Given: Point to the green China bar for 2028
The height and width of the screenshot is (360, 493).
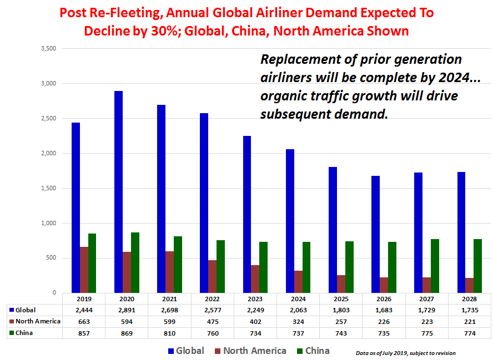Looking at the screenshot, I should [x=477, y=266].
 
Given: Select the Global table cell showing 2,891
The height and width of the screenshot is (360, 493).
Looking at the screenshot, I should [x=127, y=310].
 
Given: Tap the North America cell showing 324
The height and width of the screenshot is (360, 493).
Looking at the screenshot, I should [x=298, y=321].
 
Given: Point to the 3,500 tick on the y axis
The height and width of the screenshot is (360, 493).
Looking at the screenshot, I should [x=49, y=49].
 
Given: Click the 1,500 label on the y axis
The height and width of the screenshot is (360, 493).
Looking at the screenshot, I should [x=49, y=189].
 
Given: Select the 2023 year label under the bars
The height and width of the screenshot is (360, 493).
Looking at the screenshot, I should [x=255, y=298].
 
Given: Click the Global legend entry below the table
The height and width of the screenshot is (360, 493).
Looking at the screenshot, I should [x=185, y=351].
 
